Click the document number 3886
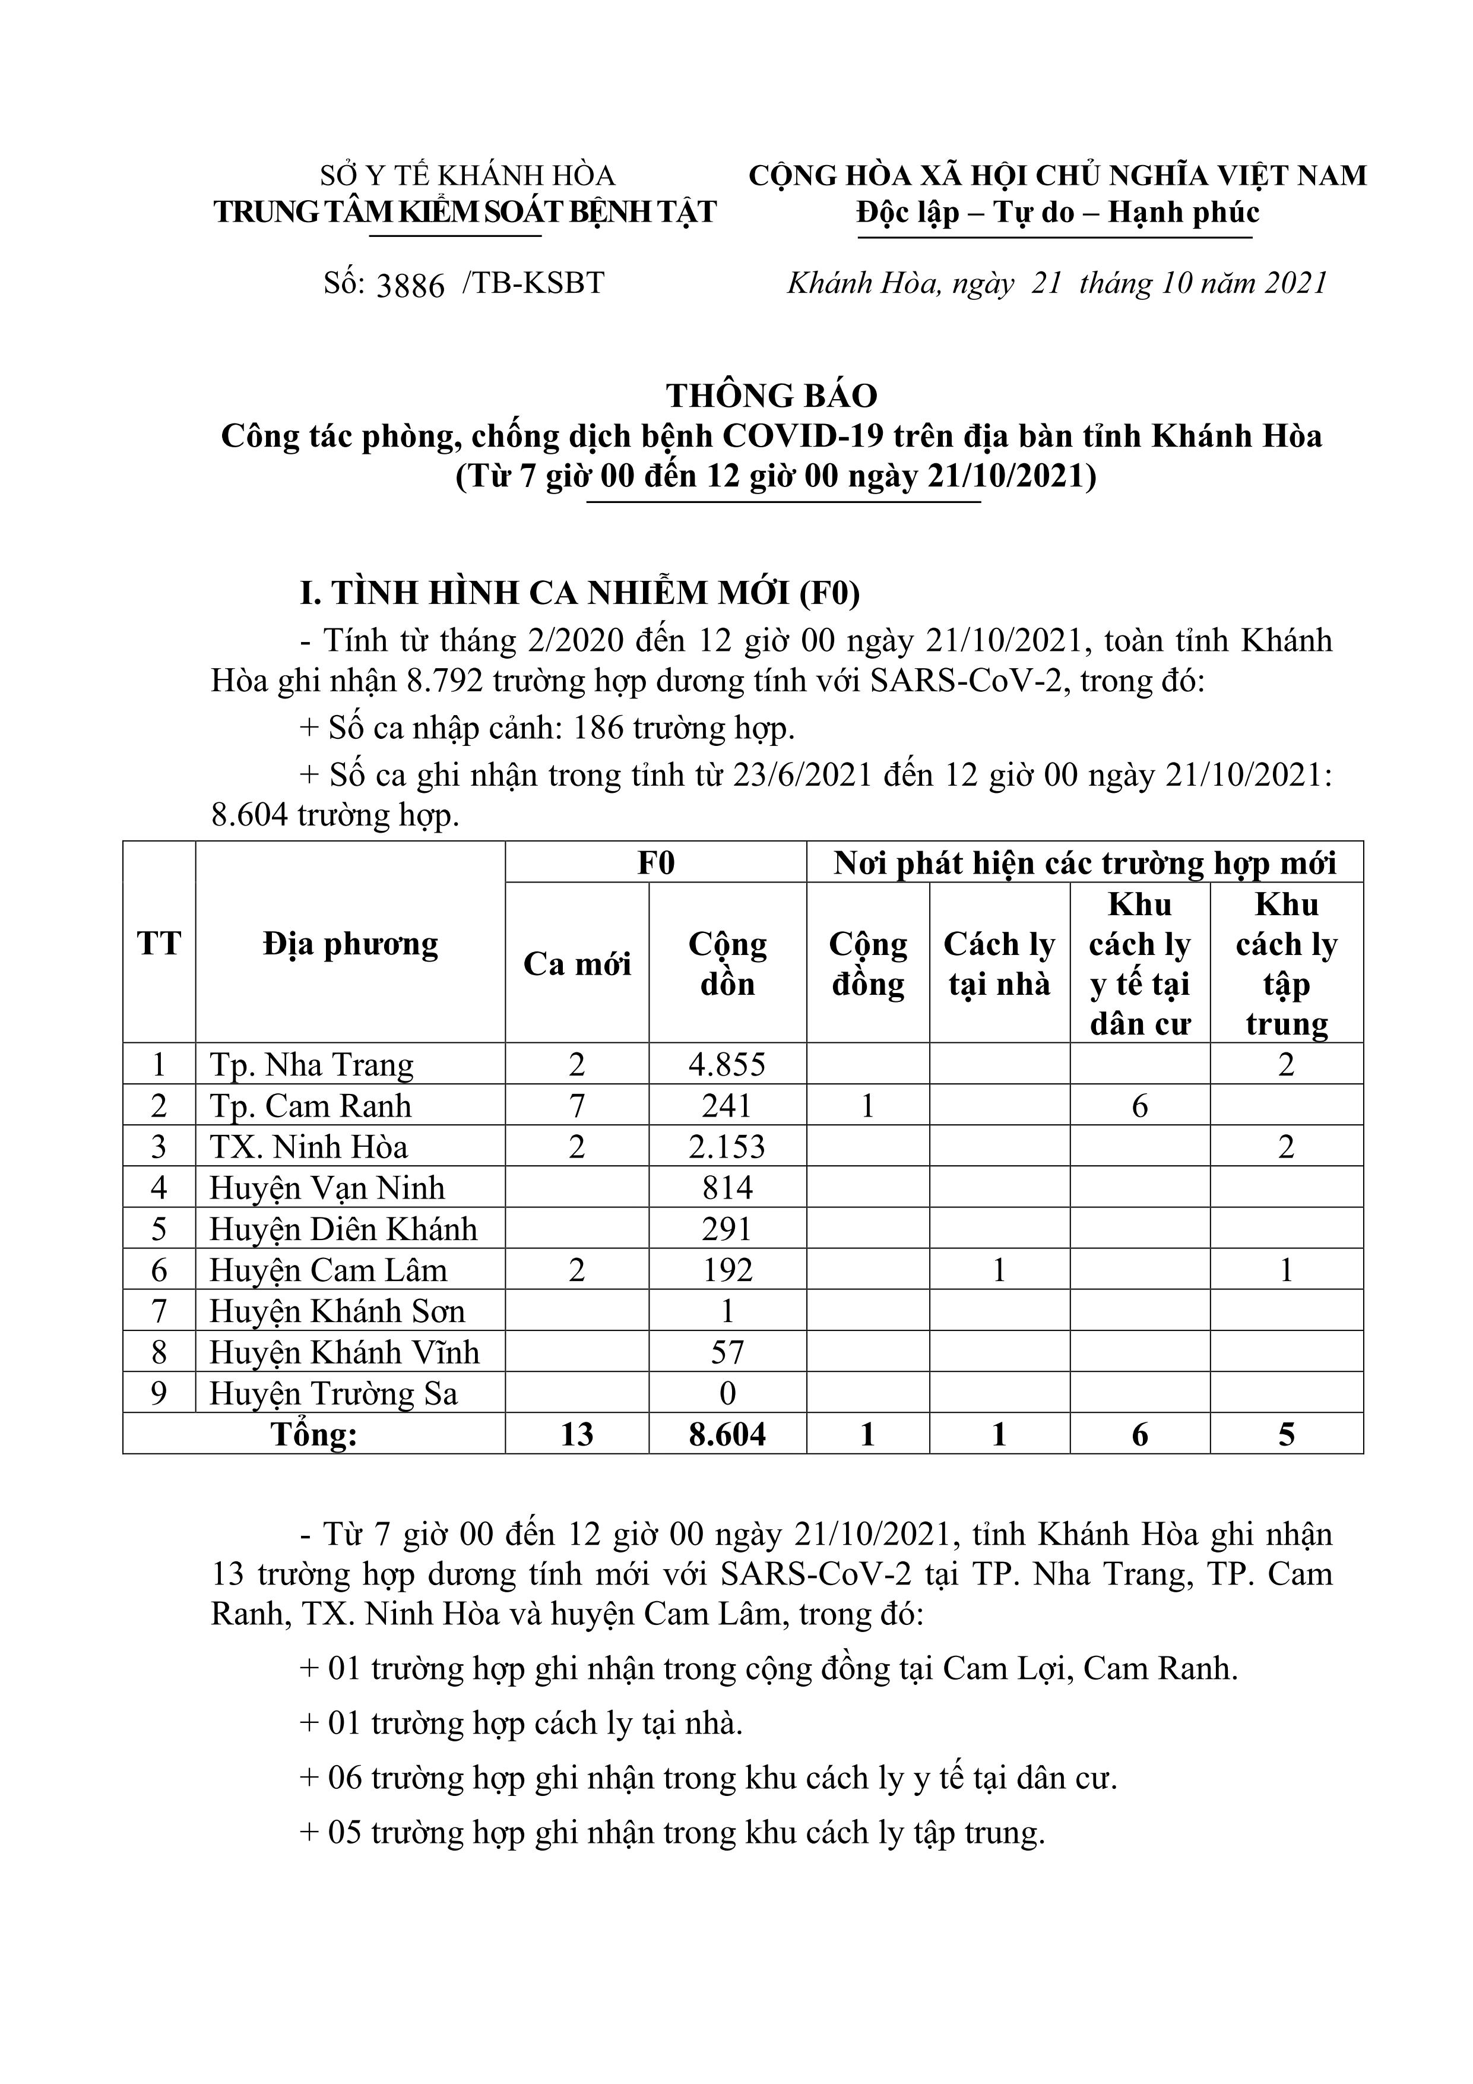click(x=410, y=285)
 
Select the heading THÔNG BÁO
click(x=771, y=396)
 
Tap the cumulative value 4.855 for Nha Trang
click(x=727, y=1064)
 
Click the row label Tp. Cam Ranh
click(x=311, y=1105)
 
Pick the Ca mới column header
click(x=576, y=964)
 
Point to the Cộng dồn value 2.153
click(x=727, y=1146)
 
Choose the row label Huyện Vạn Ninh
click(x=327, y=1187)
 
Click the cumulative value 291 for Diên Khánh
click(x=727, y=1229)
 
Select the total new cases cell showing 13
click(x=576, y=1434)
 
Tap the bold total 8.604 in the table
click(x=727, y=1434)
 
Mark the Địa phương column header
click(x=350, y=944)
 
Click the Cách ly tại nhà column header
click(x=999, y=964)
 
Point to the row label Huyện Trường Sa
click(x=333, y=1393)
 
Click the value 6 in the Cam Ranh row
click(x=1140, y=1105)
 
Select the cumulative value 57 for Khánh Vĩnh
click(x=727, y=1352)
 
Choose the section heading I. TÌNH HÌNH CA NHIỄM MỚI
click(x=580, y=593)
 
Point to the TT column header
click(x=159, y=944)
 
